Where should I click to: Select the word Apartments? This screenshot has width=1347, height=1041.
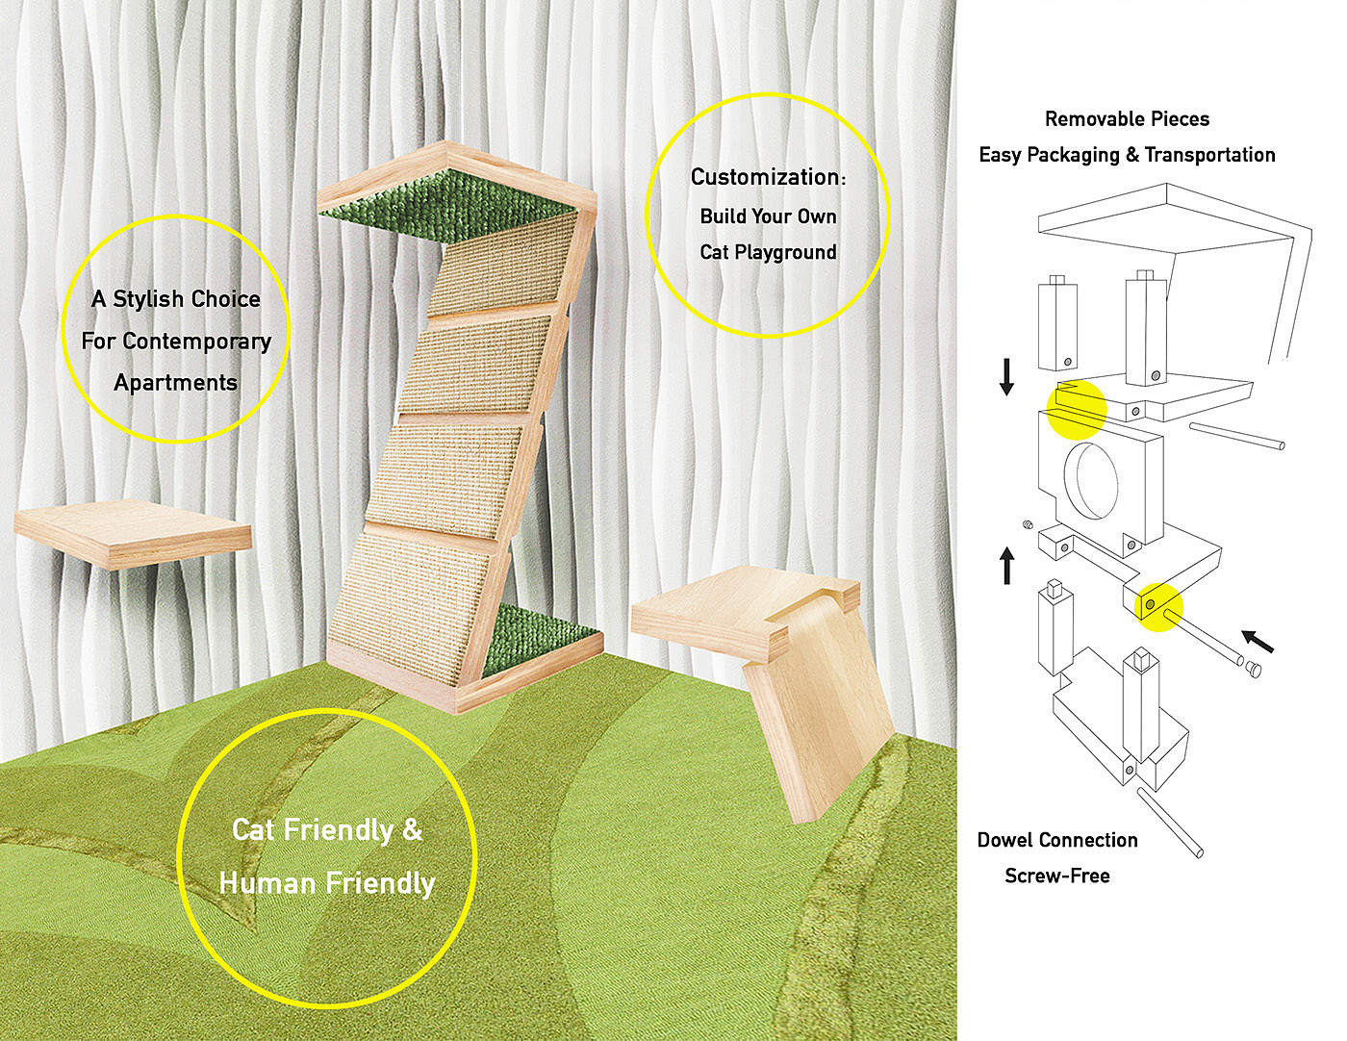175,383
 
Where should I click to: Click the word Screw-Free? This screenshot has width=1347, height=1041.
1056,876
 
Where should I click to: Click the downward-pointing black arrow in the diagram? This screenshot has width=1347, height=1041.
1006,376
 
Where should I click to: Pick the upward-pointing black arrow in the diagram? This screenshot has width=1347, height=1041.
1006,566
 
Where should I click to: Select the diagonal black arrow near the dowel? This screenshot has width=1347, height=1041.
1258,641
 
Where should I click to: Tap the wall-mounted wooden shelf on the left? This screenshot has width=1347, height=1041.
133,533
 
